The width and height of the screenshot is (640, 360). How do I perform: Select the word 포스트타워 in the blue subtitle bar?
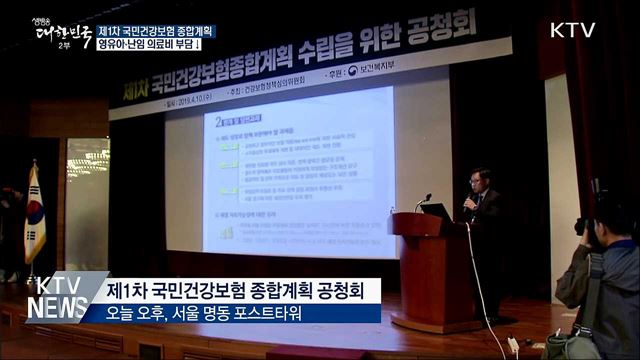click(269, 313)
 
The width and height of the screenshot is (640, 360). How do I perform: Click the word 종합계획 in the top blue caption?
click(191, 31)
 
